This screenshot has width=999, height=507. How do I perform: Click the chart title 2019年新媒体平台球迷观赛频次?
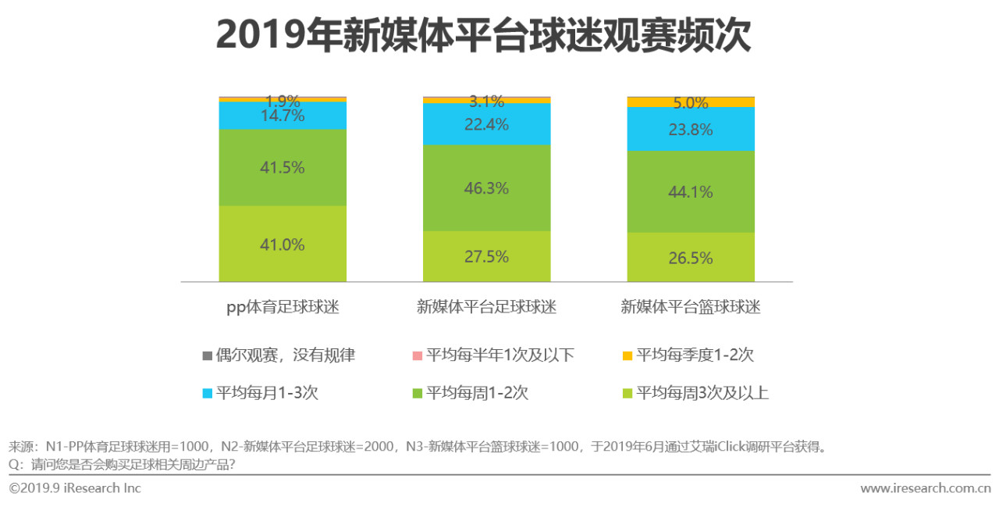coord(483,36)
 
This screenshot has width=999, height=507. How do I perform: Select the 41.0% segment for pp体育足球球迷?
coord(283,244)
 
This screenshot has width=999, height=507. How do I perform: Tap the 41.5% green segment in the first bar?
coord(283,167)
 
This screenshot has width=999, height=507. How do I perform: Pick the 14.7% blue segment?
coord(283,116)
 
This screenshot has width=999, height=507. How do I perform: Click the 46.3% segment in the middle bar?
coord(486,187)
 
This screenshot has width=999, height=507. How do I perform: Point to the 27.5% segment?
coord(486,256)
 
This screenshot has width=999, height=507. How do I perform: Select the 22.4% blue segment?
coord(486,124)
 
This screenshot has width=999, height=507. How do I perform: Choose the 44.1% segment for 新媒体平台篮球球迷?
coord(691,191)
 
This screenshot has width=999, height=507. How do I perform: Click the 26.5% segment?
coord(691,257)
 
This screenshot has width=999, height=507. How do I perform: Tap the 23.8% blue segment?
coord(691,129)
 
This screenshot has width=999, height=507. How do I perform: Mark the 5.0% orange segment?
coord(691,102)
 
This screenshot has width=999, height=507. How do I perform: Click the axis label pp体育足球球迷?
coord(283,307)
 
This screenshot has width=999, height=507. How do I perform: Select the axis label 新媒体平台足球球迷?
coord(486,307)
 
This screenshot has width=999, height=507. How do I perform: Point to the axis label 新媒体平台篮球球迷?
coord(691,307)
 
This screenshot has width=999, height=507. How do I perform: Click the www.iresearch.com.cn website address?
coord(925,488)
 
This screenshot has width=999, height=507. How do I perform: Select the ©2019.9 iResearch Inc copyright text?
coord(75,488)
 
